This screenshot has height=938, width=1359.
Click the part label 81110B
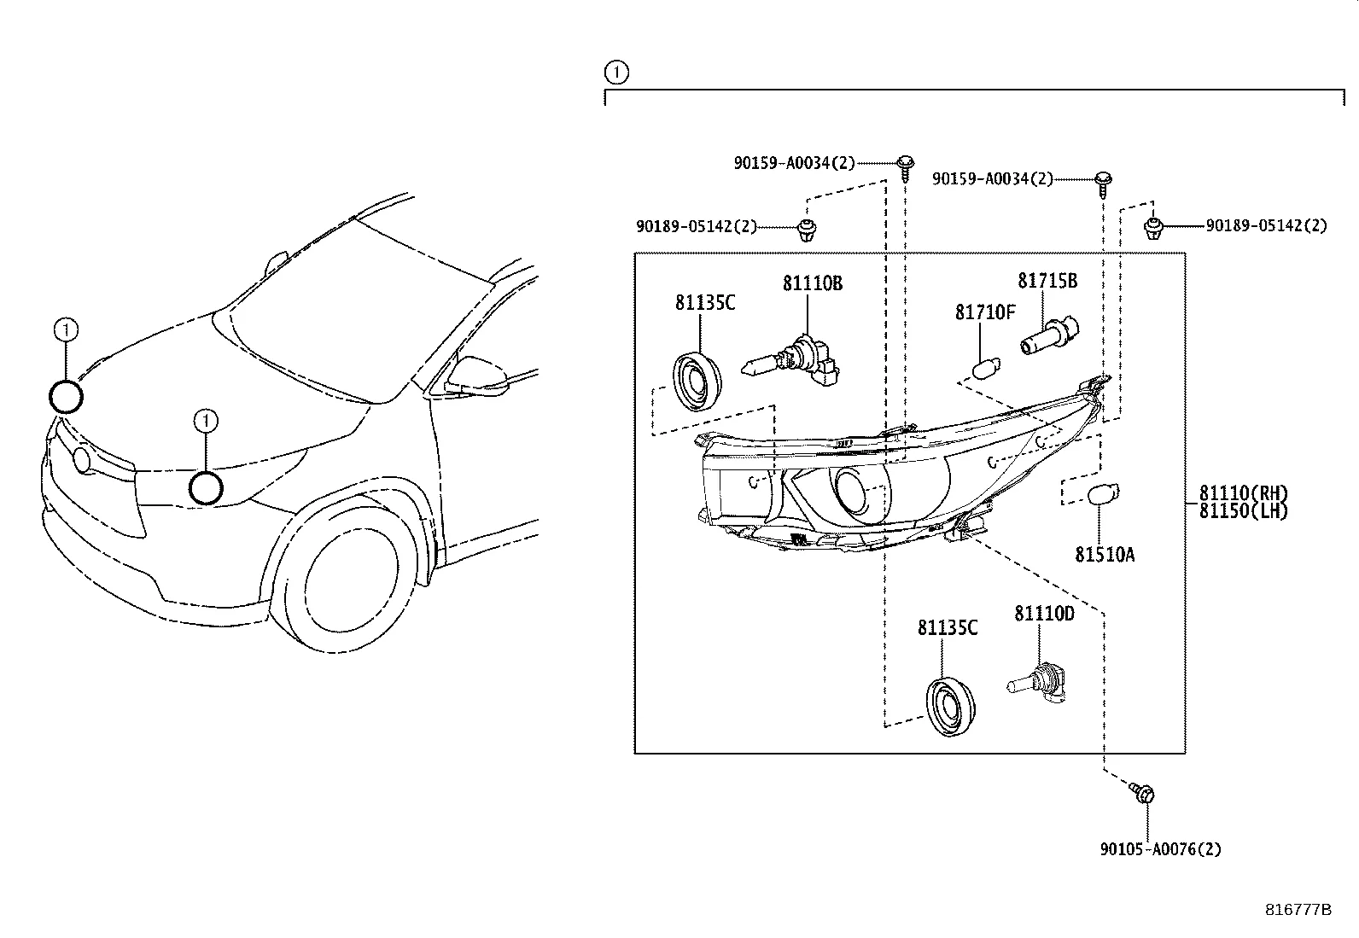(x=813, y=283)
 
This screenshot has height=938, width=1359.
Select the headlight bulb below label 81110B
(x=790, y=363)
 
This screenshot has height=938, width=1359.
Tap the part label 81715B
(x=1047, y=281)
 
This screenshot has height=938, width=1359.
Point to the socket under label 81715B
(x=1050, y=335)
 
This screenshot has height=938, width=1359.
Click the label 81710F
(x=985, y=312)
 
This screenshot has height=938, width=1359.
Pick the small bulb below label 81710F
(x=987, y=368)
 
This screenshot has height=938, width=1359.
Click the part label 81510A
(x=1105, y=555)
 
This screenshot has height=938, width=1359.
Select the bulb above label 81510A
(x=1104, y=494)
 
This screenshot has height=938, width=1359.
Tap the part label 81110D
(x=1044, y=614)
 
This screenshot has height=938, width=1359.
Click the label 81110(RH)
(x=1243, y=492)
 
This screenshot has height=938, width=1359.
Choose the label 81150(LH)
(x=1243, y=511)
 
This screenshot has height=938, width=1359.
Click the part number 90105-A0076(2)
(x=1161, y=849)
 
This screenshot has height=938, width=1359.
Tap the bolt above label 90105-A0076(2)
(x=1142, y=792)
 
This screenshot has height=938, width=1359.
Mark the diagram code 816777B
(x=1298, y=910)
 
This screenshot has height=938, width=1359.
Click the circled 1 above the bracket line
(x=616, y=73)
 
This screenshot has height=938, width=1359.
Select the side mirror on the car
(x=477, y=376)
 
